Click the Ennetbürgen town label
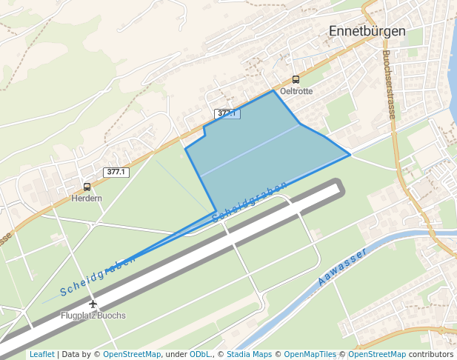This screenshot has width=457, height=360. click(367, 32)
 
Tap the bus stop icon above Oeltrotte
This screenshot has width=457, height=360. click(296, 79)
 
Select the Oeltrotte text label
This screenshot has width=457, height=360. click(296, 91)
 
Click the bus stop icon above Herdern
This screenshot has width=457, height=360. click(87, 187)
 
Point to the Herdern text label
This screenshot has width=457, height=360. click(87, 199)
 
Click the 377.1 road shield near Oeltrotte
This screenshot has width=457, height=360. click(227, 113)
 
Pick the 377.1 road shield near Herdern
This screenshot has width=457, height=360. click(116, 172)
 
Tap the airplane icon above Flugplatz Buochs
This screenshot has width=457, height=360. click(93, 304)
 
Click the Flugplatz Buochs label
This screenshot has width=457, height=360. click(93, 316)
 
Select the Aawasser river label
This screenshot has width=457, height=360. click(342, 267)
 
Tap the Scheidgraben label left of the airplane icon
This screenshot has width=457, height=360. click(98, 276)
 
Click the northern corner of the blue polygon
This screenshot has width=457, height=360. click(273, 90)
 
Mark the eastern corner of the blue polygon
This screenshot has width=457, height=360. click(350, 155)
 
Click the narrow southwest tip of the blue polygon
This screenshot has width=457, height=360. click(134, 259)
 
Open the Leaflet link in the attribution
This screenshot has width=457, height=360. click(41, 354)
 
